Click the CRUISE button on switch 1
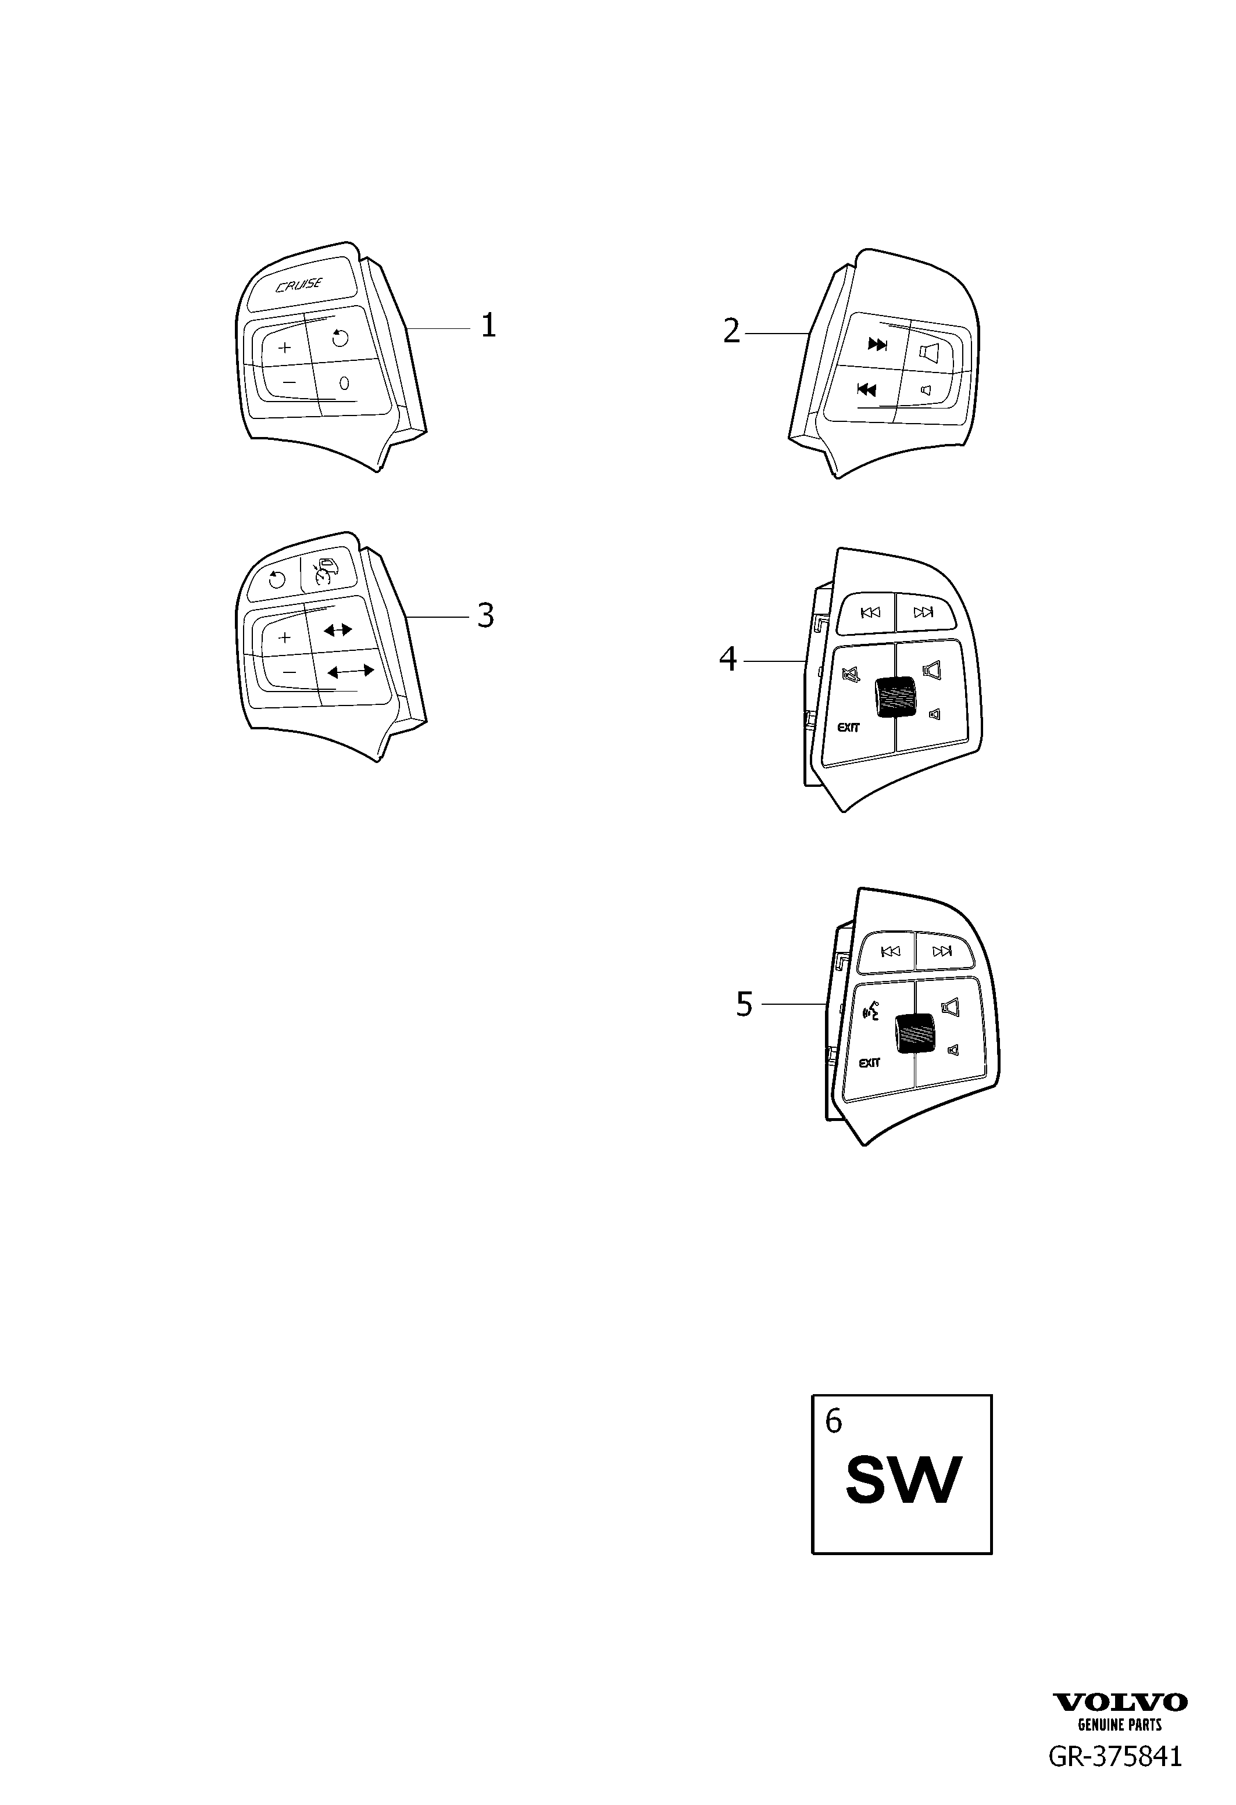pyautogui.click(x=299, y=285)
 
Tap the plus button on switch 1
pyautogui.click(x=284, y=347)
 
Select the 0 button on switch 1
pyautogui.click(x=344, y=383)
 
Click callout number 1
pyautogui.click(x=488, y=325)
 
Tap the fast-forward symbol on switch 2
pyautogui.click(x=877, y=345)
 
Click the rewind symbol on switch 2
pyautogui.click(x=866, y=389)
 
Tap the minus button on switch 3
pyautogui.click(x=289, y=672)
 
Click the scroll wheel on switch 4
pyautogui.click(x=894, y=697)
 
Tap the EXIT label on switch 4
pyautogui.click(x=848, y=728)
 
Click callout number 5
pyautogui.click(x=744, y=1004)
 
